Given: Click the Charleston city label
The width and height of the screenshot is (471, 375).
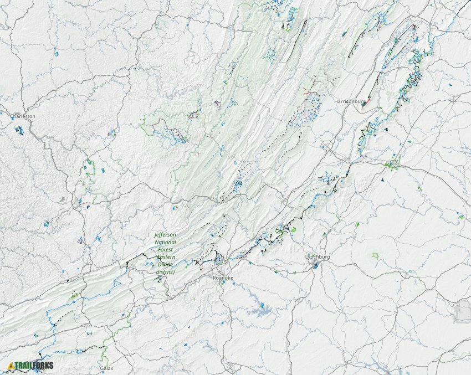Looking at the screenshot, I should [x=23, y=116].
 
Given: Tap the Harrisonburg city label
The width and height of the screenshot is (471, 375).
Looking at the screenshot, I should [x=350, y=102].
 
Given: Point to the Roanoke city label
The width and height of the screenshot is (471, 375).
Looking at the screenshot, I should [x=224, y=278].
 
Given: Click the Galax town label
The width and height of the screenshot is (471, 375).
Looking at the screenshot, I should [x=106, y=368].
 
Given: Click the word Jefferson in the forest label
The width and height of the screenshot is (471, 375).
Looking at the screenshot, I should [x=166, y=235].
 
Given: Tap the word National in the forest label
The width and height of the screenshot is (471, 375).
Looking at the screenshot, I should [x=166, y=242].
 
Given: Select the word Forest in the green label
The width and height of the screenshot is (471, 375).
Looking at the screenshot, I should [x=166, y=250].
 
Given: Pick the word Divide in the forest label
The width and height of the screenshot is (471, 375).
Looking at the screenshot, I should [x=165, y=265].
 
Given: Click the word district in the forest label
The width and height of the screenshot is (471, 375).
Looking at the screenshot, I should [x=165, y=272].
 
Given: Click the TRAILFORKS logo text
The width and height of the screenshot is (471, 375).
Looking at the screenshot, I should [x=34, y=366].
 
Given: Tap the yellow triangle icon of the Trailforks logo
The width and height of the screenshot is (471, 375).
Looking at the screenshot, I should [x=11, y=366].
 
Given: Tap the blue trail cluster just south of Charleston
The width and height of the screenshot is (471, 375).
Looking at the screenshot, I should [x=19, y=131].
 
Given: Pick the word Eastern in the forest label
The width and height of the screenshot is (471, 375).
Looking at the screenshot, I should [x=165, y=257].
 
